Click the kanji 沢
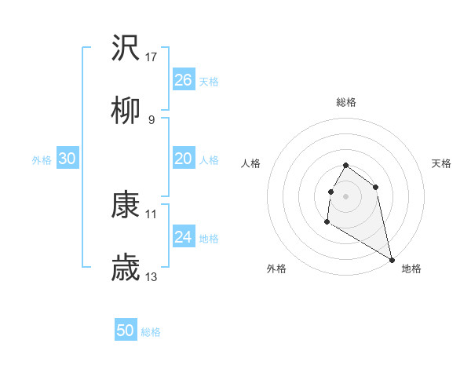click(126, 48)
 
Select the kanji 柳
click(126, 112)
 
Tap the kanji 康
click(126, 205)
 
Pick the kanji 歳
click(126, 269)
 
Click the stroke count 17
click(152, 57)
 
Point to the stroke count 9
click(152, 120)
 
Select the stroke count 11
click(152, 214)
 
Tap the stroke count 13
click(152, 277)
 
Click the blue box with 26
click(183, 80)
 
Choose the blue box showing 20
click(183, 159)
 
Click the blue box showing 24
click(183, 237)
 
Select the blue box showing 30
click(67, 159)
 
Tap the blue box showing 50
click(125, 331)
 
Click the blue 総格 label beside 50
click(151, 332)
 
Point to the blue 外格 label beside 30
click(42, 160)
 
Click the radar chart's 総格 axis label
click(346, 102)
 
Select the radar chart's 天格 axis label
click(441, 163)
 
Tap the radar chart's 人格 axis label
click(251, 163)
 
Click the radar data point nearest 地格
click(392, 260)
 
